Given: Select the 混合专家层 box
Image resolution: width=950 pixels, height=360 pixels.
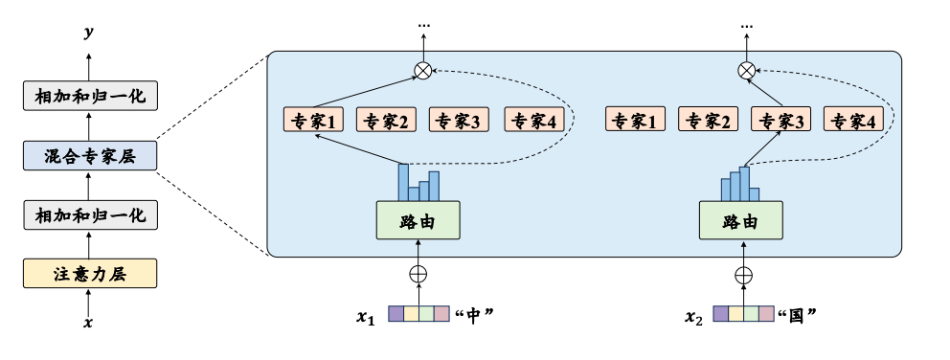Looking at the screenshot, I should (89, 156).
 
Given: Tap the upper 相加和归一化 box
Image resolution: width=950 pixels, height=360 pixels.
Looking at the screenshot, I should (89, 97).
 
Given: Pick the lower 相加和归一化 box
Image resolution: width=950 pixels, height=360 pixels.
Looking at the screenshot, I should (89, 214).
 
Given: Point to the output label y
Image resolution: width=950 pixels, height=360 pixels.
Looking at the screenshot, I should (89, 34).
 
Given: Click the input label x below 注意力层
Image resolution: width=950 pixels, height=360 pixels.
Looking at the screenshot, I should (89, 324).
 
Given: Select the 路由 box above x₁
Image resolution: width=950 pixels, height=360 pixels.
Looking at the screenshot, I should (418, 220).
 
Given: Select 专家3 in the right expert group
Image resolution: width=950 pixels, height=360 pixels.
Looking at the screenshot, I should (780, 121).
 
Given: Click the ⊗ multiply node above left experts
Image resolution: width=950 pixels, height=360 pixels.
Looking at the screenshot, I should (422, 70).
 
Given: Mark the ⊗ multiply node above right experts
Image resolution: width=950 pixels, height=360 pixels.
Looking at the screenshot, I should (748, 70).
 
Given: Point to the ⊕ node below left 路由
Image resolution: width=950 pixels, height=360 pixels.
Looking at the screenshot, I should (418, 274).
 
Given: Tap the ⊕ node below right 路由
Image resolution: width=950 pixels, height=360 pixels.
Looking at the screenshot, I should (743, 274).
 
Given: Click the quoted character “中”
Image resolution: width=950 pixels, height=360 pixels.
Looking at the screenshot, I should (476, 314).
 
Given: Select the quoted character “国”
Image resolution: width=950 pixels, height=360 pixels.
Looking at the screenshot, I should (798, 314).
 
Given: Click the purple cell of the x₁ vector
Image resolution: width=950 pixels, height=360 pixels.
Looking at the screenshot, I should (396, 313).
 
